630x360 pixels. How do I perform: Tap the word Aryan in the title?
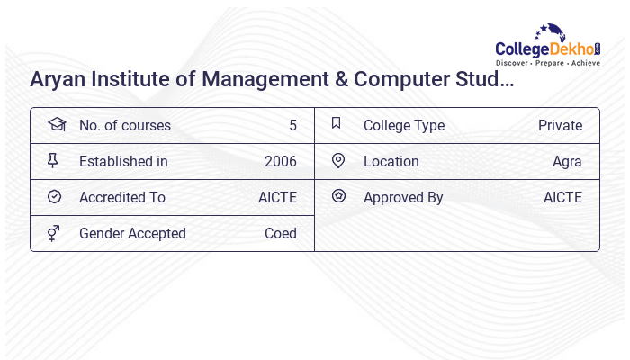pyautogui.click(x=56, y=79)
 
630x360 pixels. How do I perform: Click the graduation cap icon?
pyautogui.click(x=55, y=124)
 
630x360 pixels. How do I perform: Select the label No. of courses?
pyautogui.click(x=124, y=125)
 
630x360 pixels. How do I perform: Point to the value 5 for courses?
pyautogui.click(x=292, y=125)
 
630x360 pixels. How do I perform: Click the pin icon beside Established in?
pyautogui.click(x=53, y=160)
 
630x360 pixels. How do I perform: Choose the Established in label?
pyautogui.click(x=123, y=161)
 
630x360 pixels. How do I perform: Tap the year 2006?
pyautogui.click(x=280, y=161)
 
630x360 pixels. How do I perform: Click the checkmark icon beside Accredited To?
pyautogui.click(x=54, y=196)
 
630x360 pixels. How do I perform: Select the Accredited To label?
pyautogui.click(x=122, y=197)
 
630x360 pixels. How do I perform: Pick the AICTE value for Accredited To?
pyautogui.click(x=277, y=197)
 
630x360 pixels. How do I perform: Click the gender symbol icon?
pyautogui.click(x=54, y=233)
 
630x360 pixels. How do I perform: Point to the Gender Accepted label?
pyautogui.click(x=132, y=233)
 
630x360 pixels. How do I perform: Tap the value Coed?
pyautogui.click(x=280, y=233)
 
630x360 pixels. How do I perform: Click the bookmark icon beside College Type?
pyautogui.click(x=337, y=124)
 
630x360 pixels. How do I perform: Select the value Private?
pyautogui.click(x=560, y=125)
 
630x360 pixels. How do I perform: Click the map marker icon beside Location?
pyautogui.click(x=338, y=160)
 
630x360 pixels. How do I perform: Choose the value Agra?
pyautogui.click(x=567, y=161)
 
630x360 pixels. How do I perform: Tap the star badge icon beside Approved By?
pyautogui.click(x=338, y=196)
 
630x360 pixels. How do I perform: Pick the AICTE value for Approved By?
pyautogui.click(x=562, y=197)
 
